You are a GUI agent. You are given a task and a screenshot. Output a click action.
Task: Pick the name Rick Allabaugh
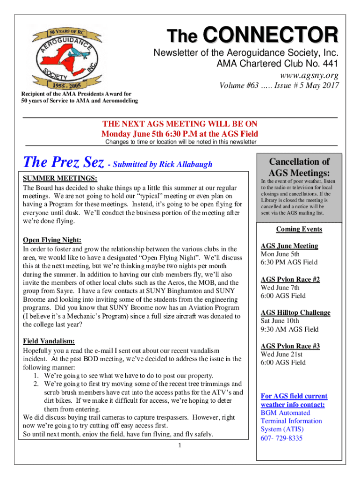pyautogui.click(x=186, y=164)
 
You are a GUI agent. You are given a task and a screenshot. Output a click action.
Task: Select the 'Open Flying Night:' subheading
pyautogui.click(x=52, y=240)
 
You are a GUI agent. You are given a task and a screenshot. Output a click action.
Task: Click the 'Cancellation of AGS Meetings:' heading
pyautogui.click(x=299, y=167)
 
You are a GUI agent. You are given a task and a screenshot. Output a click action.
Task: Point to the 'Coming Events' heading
pyautogui.click(x=299, y=229)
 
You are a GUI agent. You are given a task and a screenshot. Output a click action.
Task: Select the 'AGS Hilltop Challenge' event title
pyautogui.click(x=295, y=312)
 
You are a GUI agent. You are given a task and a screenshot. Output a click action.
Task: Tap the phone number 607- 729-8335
pyautogui.click(x=281, y=438)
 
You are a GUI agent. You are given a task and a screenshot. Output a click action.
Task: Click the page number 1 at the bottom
pyautogui.click(x=180, y=445)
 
